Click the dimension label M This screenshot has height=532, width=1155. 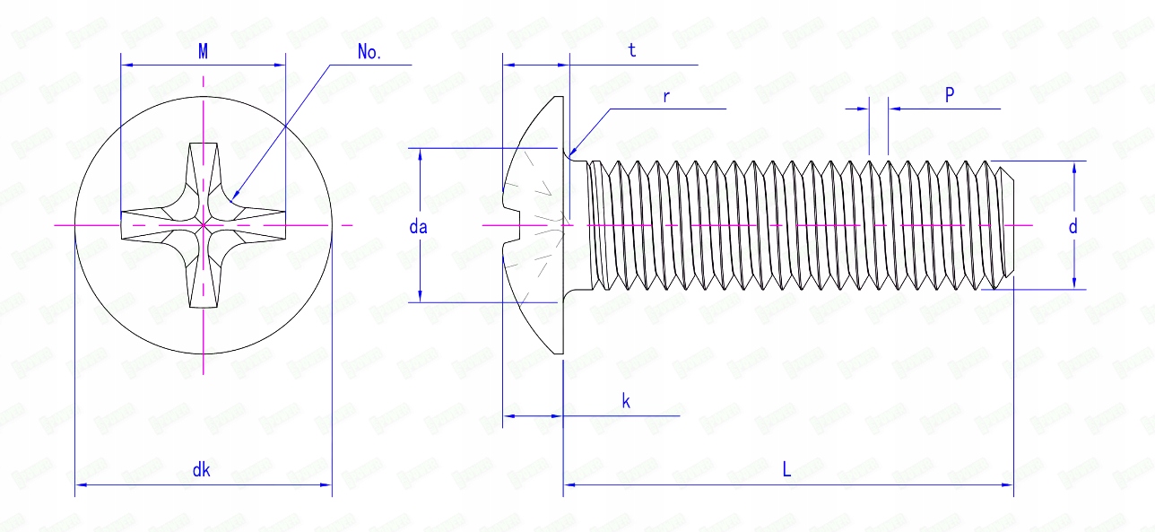coord(204,52)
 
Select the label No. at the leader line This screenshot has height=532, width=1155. coord(369,52)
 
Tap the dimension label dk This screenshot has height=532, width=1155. coord(202,469)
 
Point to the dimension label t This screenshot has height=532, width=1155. coord(632,51)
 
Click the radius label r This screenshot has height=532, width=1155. coord(665,96)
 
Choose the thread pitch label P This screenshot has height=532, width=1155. coord(949,96)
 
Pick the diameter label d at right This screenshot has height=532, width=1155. coord(1072,227)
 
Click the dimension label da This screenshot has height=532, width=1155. coord(418,227)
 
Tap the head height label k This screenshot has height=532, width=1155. coord(626,401)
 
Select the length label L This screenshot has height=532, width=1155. coord(786,469)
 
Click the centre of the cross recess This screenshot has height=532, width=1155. coord(204,224)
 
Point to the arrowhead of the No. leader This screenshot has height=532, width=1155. coord(233,195)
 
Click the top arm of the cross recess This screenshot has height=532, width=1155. coord(204,166)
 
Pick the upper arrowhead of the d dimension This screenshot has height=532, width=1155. coord(1073,166)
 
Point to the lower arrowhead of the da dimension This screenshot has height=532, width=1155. coord(420,297)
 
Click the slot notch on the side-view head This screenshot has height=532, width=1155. coord(511,224)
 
